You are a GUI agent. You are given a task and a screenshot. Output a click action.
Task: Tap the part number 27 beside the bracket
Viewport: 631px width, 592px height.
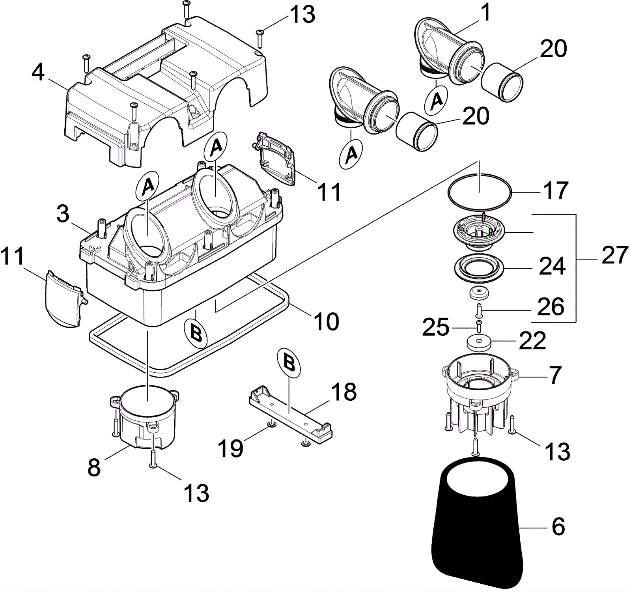click(614, 255)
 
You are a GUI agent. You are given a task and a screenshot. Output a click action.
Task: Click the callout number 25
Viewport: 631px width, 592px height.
click(435, 328)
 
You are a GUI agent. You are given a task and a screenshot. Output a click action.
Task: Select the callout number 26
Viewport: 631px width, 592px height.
click(551, 306)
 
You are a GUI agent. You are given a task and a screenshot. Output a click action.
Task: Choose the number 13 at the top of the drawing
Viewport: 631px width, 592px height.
click(303, 15)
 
